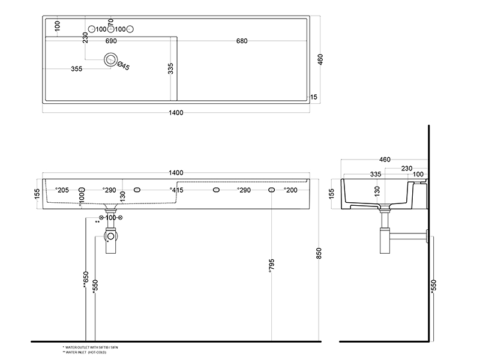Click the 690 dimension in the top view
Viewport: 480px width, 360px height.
[110, 41]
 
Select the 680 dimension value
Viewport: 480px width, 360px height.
[242, 41]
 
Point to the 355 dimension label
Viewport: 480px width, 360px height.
[76, 69]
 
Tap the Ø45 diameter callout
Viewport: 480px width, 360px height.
[123, 66]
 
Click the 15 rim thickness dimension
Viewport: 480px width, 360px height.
[313, 97]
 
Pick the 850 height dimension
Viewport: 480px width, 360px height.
[319, 254]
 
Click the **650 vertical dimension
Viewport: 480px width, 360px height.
[86, 280]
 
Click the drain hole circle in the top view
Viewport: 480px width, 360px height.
[110, 59]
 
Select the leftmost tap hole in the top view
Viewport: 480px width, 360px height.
[92, 29]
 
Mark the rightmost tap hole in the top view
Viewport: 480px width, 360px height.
[130, 29]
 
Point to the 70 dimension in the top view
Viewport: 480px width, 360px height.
[110, 23]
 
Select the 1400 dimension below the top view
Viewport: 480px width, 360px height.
[176, 113]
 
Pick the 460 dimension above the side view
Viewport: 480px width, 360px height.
[385, 160]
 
